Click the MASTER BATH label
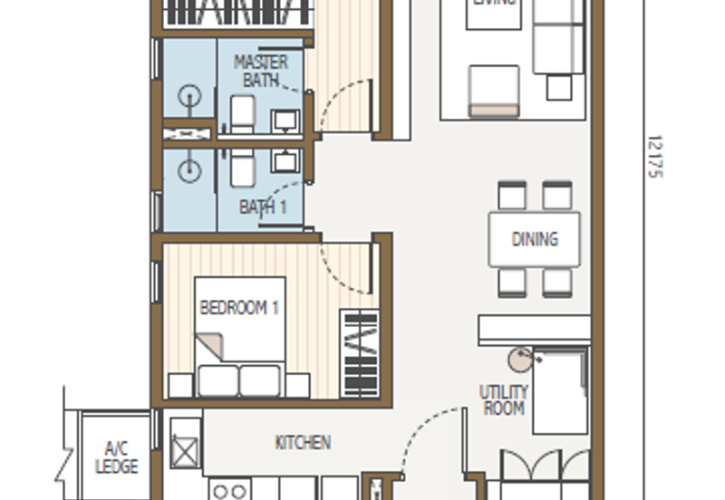coord(261,71)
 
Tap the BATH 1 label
coord(263,207)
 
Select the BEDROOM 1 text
coord(239,308)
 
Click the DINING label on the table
coord(535,240)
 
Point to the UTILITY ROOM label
coord(504,400)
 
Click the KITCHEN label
coord(303,443)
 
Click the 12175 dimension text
coord(655,156)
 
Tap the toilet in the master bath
coord(242,113)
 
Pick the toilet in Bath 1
coord(242,168)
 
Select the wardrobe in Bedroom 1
coord(359,353)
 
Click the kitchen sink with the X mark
coord(185,450)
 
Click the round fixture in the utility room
coord(520,360)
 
